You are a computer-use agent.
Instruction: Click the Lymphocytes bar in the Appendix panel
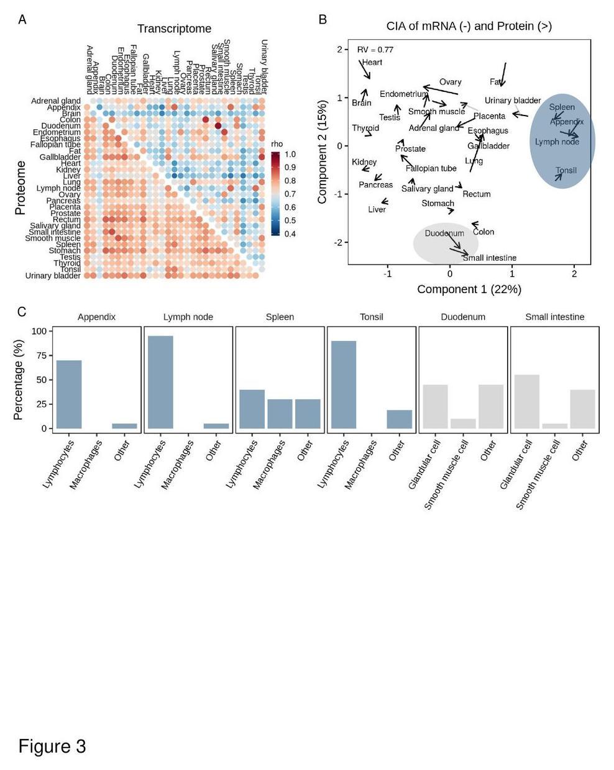click(68, 394)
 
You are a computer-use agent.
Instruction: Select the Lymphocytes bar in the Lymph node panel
click(160, 382)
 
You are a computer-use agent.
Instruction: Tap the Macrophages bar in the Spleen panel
click(280, 414)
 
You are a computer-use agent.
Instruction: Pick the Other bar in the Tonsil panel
click(399, 419)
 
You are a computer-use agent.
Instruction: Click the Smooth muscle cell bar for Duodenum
click(463, 423)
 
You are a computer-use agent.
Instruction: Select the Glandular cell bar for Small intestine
click(527, 401)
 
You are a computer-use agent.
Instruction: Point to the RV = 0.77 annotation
click(375, 50)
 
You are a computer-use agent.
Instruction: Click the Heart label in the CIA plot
click(372, 62)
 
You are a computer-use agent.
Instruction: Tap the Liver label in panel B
click(377, 209)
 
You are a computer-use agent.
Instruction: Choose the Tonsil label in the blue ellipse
click(566, 170)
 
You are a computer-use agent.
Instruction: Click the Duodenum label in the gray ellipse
click(444, 233)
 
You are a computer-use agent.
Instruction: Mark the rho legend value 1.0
click(290, 154)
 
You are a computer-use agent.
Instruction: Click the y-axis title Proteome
click(21, 188)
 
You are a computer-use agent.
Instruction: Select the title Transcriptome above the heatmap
click(174, 29)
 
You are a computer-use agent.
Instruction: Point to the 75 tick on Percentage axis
click(40, 355)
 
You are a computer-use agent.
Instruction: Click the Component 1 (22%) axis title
click(469, 289)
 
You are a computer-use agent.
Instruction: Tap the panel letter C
click(22, 311)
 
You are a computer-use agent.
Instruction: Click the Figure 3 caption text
click(52, 746)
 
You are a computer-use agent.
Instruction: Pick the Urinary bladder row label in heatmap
click(53, 276)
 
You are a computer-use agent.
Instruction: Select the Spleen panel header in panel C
click(280, 317)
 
